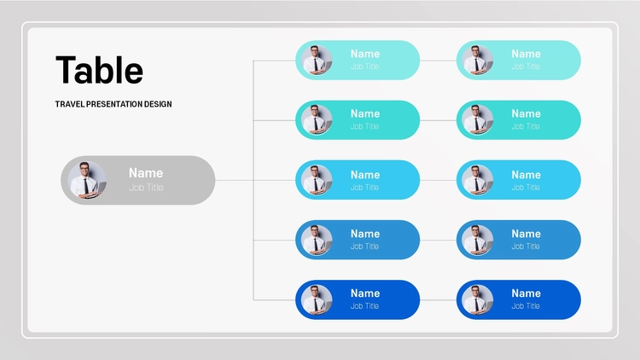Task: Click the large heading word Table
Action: tap(99, 70)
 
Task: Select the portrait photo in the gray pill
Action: tap(87, 180)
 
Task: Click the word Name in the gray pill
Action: tap(146, 173)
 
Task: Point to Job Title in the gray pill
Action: tap(146, 188)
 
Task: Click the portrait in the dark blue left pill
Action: tap(317, 299)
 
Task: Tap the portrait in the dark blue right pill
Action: tap(478, 299)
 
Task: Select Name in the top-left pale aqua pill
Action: tap(365, 54)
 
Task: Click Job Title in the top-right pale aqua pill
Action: tap(526, 67)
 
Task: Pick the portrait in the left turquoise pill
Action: tap(317, 120)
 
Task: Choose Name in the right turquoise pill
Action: tap(526, 113)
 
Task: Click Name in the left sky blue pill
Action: tap(365, 175)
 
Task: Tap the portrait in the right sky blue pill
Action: tap(478, 180)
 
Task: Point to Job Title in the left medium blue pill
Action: tap(364, 247)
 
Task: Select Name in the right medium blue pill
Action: tap(526, 234)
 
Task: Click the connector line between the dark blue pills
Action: tap(438, 300)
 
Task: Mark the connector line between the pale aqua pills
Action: tap(438, 61)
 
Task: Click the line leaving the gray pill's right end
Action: tap(235, 180)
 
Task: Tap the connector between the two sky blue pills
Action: tap(438, 180)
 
